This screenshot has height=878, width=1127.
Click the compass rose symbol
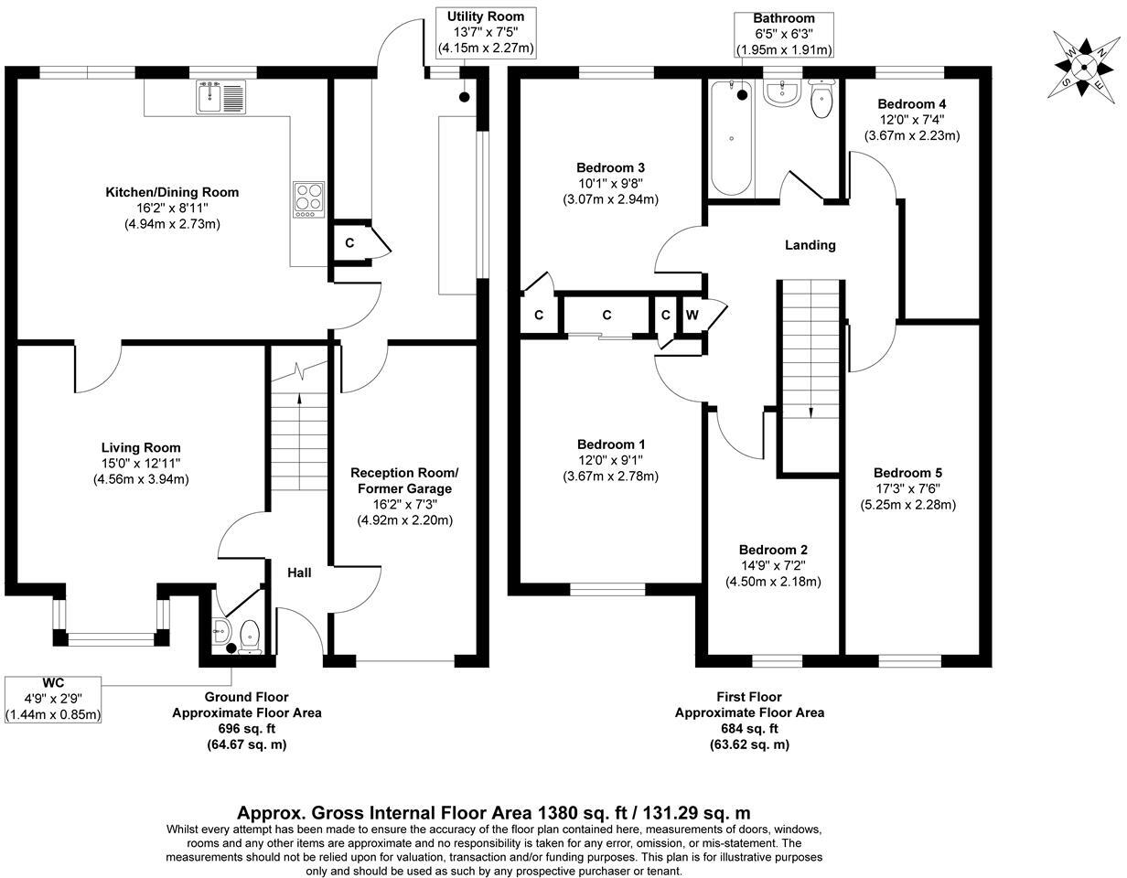pyautogui.click(x=1083, y=66)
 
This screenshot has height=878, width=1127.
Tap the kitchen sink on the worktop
pyautogui.click(x=220, y=97)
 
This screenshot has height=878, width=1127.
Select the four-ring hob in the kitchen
pyautogui.click(x=308, y=199)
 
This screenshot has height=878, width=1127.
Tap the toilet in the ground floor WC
pyautogui.click(x=250, y=634)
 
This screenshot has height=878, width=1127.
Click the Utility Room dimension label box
pyautogui.click(x=486, y=33)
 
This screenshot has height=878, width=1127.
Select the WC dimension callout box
pyautogui.click(x=53, y=700)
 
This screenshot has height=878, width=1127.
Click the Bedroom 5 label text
pyautogui.click(x=907, y=473)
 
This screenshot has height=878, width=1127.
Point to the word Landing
pyautogui.click(x=810, y=245)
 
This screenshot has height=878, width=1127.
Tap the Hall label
pyautogui.click(x=299, y=573)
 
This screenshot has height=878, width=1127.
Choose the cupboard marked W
pyautogui.click(x=692, y=316)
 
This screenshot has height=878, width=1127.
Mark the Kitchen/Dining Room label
pyautogui.click(x=172, y=192)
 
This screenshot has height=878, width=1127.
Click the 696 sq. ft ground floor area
pyautogui.click(x=246, y=729)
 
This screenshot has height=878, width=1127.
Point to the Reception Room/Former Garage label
pyautogui.click(x=404, y=481)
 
